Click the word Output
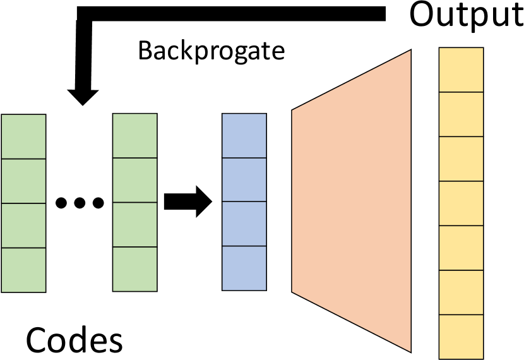coord(466,15)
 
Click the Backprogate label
coord(211,51)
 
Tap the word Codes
coord(74,340)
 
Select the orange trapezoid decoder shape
coord(351,201)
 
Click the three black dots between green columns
coord(80,203)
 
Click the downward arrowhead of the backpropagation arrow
coord(83,96)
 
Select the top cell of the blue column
coord(244,136)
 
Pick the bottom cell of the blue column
coord(244,268)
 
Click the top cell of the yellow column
coord(461,69)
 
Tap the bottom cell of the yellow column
coord(461,337)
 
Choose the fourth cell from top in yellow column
coord(461,203)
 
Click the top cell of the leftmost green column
coord(24,136)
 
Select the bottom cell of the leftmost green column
coord(24,270)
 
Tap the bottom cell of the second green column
coord(134,270)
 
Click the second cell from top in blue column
coord(244,180)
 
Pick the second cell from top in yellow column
coord(461,114)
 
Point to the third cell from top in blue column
coord(244,224)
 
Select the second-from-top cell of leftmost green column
coord(24,181)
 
